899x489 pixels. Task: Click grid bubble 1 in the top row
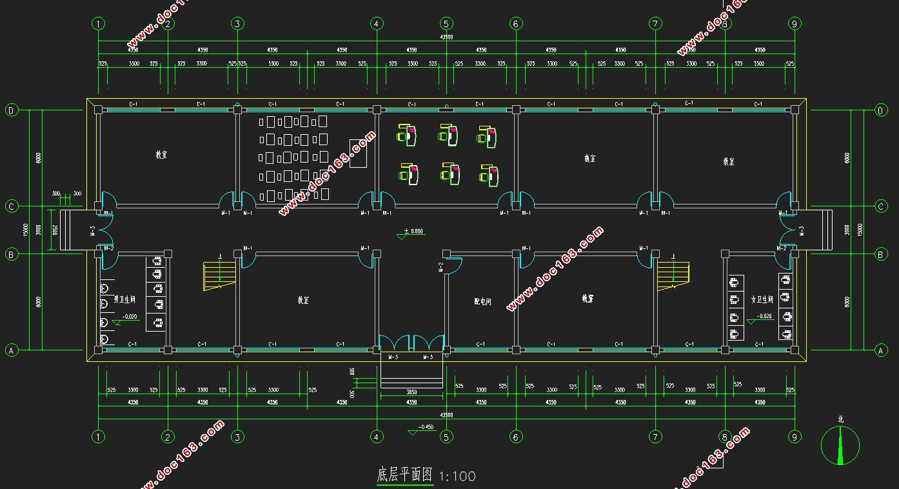[98, 24]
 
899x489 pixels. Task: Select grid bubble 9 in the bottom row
[795, 437]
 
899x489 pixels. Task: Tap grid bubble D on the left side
[11, 110]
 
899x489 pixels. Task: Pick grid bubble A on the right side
[880, 350]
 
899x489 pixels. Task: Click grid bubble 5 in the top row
[446, 24]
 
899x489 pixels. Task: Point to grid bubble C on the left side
[11, 206]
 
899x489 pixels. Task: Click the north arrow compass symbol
[840, 444]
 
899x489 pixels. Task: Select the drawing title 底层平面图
[404, 475]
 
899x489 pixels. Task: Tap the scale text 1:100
[457, 477]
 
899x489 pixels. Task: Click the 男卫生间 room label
[124, 300]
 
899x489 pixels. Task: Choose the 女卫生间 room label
[762, 300]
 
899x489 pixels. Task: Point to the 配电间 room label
[482, 301]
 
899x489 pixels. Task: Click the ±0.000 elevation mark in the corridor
[413, 231]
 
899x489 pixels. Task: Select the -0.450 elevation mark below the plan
[426, 427]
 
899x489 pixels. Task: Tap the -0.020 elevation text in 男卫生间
[129, 317]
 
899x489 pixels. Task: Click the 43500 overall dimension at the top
[446, 37]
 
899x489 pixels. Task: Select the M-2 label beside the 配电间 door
[441, 266]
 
